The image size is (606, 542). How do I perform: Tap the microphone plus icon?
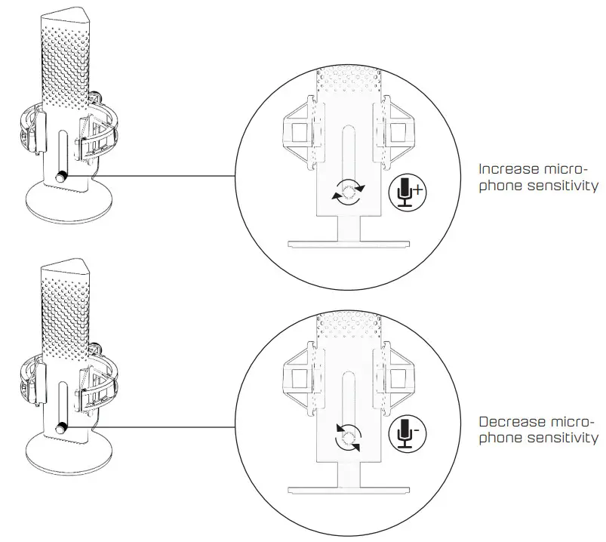408,192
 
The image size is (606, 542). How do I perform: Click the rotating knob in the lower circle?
349,436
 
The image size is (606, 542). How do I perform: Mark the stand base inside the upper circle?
348,244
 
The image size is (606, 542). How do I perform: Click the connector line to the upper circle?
166,177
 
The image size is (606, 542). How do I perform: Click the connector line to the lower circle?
166,433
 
